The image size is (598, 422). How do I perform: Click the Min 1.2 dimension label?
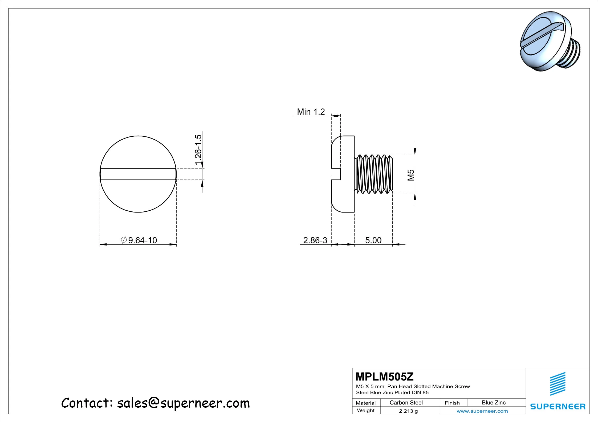coord(311,112)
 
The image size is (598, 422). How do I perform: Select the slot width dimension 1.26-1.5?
coord(198,149)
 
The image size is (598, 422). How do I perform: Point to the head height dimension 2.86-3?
coord(315,240)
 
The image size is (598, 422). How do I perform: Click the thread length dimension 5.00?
coord(373,240)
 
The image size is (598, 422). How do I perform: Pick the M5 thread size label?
coord(411,175)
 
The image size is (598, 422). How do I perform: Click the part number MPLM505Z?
coord(384,377)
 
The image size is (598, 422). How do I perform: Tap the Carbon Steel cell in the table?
coord(406,403)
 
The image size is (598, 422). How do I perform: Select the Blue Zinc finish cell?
coord(494,403)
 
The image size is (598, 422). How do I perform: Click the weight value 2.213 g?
coord(408,411)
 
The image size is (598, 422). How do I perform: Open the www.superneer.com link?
coord(482,411)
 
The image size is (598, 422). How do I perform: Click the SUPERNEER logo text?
coord(558,406)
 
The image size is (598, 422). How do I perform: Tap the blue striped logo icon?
coord(558,384)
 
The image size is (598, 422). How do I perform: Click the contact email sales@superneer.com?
coord(183,403)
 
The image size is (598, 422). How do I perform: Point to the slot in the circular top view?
coord(138,174)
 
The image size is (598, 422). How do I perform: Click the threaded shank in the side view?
coord(374,174)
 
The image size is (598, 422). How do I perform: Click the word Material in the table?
coord(365,403)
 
